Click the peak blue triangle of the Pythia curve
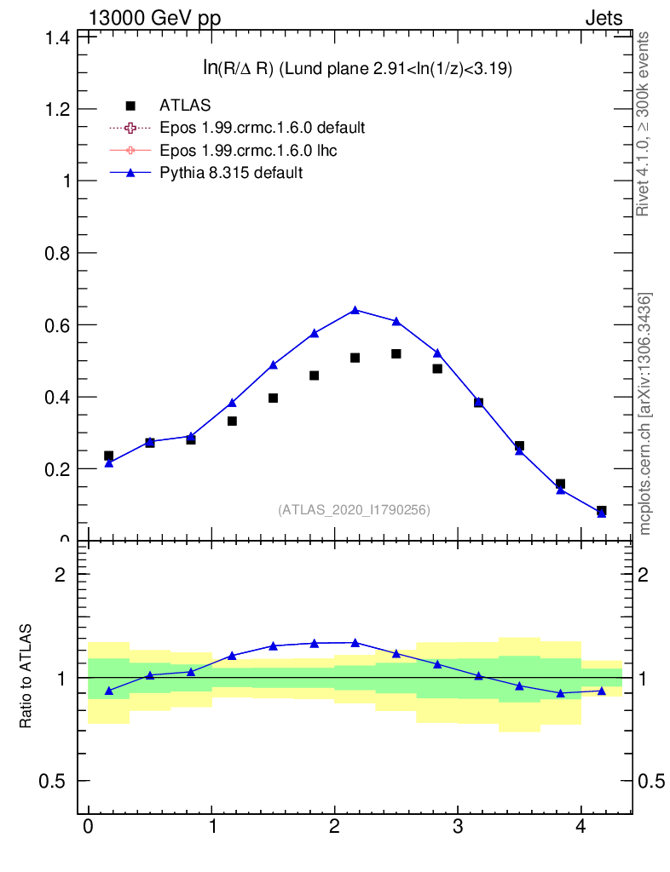pos(355,310)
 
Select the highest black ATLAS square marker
pos(396,353)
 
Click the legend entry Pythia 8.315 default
pos(231,172)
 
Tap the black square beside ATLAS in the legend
pos(130,106)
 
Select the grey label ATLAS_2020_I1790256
pos(354,510)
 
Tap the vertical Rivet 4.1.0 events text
pos(644,124)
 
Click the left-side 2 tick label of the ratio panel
pos(61,574)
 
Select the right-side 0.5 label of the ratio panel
pos(650,781)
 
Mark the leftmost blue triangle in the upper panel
pos(108,463)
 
